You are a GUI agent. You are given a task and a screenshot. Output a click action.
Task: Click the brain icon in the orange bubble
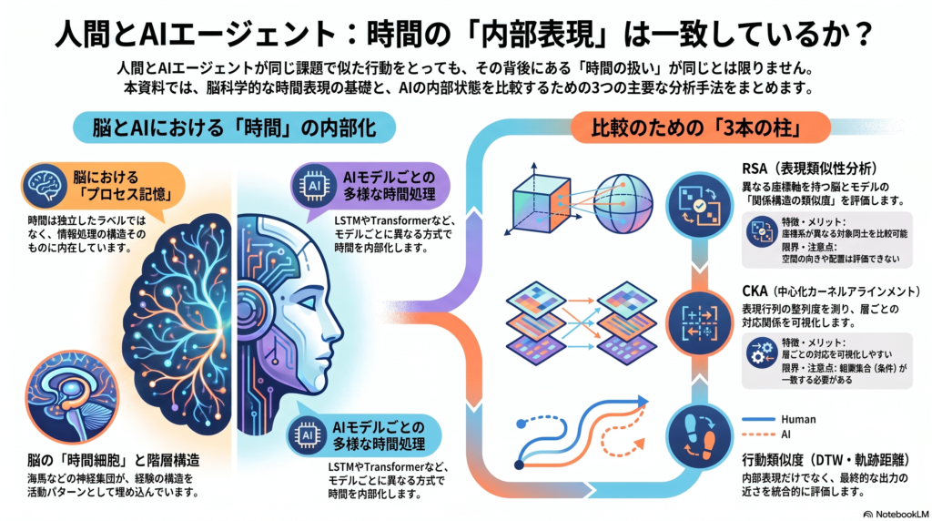(x=46, y=186)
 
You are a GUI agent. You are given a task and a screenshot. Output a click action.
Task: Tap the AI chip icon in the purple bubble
(x=314, y=186)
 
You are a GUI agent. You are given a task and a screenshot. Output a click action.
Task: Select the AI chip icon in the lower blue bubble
(x=308, y=435)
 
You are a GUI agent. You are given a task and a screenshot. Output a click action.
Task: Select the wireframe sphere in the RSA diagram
(x=623, y=203)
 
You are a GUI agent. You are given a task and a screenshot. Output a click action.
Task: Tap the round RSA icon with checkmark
(x=700, y=206)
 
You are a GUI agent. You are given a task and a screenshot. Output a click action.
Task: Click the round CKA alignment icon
(x=700, y=323)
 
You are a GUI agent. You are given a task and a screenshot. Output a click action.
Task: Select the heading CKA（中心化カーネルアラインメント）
(x=831, y=291)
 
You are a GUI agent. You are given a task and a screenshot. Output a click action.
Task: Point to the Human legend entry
(x=779, y=419)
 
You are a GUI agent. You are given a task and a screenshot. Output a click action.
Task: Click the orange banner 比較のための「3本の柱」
(x=700, y=128)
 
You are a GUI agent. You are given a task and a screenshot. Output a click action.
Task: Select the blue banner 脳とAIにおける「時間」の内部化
(x=234, y=128)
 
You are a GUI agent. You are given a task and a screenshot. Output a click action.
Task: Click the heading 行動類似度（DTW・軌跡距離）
(x=826, y=459)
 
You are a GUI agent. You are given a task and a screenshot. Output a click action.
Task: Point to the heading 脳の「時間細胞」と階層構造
(x=114, y=460)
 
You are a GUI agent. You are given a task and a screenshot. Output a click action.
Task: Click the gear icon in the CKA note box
(x=762, y=354)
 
